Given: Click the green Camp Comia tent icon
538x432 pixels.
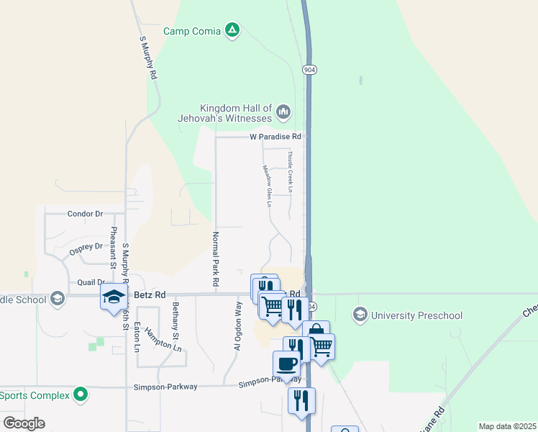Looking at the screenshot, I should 232,30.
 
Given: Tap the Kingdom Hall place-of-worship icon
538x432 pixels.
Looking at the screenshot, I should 283,112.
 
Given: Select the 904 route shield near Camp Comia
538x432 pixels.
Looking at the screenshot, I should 309,70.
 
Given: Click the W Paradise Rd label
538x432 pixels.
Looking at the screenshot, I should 275,136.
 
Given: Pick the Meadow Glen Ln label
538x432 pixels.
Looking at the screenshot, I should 267,186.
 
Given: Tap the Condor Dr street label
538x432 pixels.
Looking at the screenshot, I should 86,214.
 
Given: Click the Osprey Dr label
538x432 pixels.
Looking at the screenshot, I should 86,247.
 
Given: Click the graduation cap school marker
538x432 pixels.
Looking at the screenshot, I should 113,297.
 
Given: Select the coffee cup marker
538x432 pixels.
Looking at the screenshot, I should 287,364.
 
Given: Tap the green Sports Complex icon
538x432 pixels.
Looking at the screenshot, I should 81,395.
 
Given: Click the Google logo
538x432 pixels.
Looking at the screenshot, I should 24,423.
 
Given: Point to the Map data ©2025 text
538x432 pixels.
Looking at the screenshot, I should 506,426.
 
